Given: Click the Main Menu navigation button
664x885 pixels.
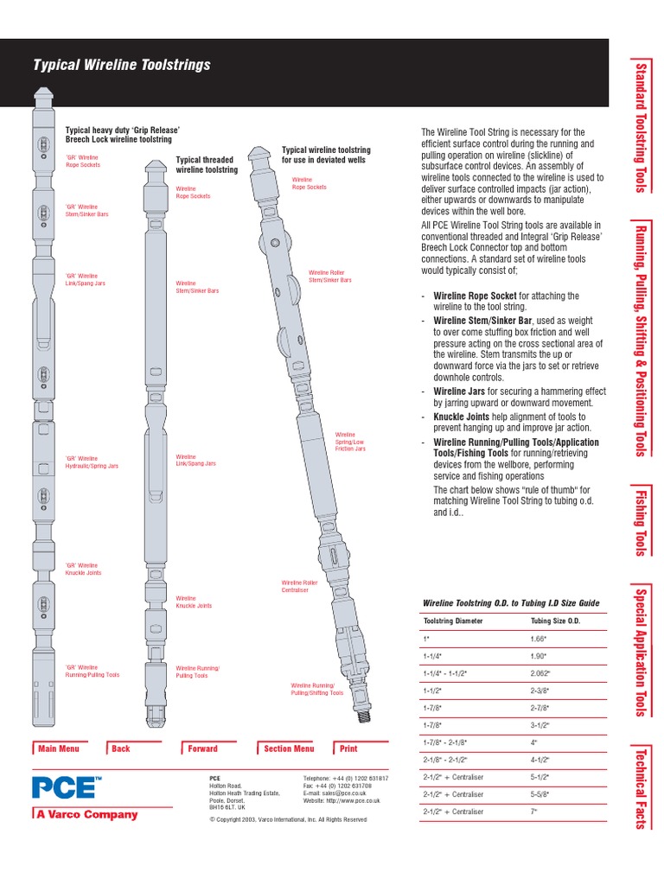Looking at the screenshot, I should (x=58, y=748).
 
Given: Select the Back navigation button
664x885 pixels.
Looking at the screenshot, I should (x=120, y=748).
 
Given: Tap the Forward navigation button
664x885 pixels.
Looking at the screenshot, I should (x=202, y=748).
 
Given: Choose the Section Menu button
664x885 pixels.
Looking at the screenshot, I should (x=288, y=748).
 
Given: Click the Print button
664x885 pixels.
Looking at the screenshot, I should (x=348, y=748).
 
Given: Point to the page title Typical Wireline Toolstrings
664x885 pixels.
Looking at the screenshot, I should (x=121, y=65).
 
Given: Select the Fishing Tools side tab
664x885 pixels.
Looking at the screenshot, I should (x=641, y=519).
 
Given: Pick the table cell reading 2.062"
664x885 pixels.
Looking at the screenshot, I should (x=540, y=672).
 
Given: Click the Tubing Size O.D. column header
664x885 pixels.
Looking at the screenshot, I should (x=554, y=621).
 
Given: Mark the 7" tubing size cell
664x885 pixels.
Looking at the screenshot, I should (x=533, y=812).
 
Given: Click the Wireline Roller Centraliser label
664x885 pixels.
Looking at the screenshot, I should (x=299, y=587).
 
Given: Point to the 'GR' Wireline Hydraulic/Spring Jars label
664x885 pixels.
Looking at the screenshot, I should (x=92, y=462).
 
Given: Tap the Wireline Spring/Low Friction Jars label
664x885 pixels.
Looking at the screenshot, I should (x=349, y=442).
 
